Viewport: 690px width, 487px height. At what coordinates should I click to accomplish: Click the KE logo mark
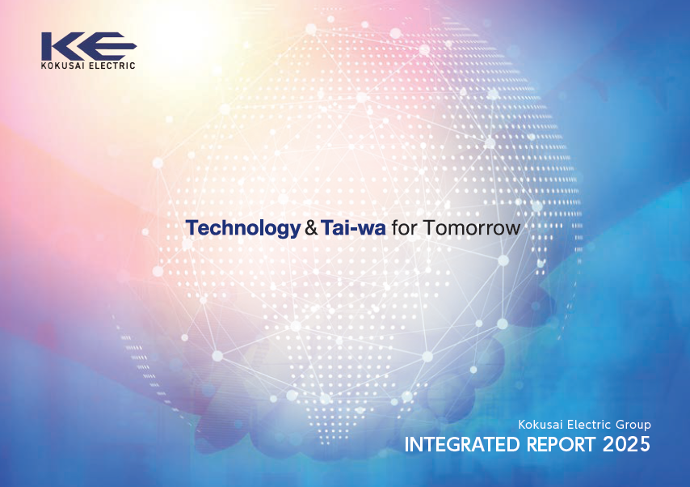(89, 46)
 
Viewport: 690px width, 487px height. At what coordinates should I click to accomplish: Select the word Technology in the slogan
(243, 228)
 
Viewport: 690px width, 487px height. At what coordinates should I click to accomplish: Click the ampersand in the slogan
(311, 228)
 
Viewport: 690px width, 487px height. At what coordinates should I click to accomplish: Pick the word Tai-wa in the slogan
(353, 227)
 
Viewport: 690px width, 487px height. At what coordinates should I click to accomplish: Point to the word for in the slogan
(405, 227)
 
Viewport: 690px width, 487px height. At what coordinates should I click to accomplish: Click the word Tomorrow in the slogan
(472, 228)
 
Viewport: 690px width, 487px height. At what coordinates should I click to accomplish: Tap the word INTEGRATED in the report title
(462, 444)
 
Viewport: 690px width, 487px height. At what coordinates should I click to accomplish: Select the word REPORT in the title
(561, 444)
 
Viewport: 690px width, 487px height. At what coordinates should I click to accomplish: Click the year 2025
(626, 444)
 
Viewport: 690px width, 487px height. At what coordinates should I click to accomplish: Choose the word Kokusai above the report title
(541, 425)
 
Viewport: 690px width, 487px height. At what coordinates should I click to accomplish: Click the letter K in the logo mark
(63, 46)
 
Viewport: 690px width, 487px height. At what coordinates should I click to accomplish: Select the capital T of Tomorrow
(429, 227)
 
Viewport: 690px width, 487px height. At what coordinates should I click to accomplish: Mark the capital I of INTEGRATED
(406, 444)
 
